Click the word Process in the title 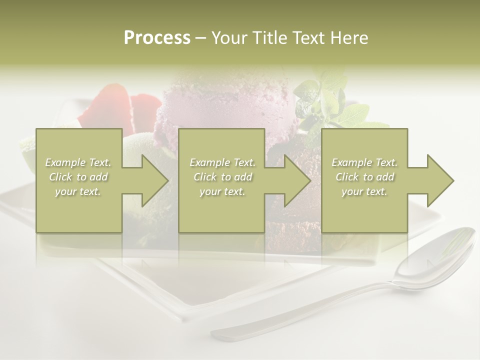(157, 38)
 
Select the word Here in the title (349, 38)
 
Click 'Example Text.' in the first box (78, 162)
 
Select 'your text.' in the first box (78, 191)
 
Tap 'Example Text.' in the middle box (222, 162)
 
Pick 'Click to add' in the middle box (222, 177)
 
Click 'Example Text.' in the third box (364, 162)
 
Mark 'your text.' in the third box (364, 191)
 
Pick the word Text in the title (307, 38)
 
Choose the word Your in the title (228, 38)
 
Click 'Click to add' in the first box (78, 177)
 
